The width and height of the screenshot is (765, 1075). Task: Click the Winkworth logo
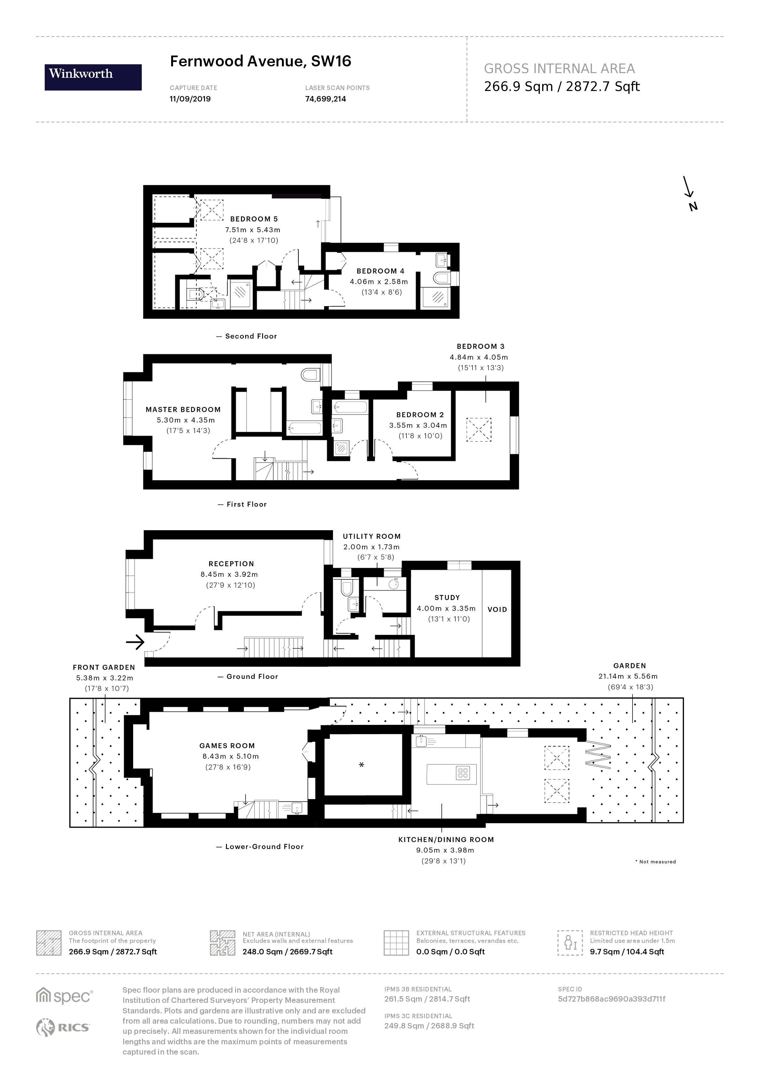[x=93, y=77]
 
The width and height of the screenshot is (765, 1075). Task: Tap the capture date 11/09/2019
[x=190, y=99]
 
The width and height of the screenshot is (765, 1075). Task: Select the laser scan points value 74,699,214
[x=325, y=99]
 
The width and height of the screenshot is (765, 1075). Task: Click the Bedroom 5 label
[x=254, y=219]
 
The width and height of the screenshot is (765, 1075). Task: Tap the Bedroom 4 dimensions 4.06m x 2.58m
[x=378, y=282]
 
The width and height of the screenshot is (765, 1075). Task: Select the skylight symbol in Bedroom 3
[x=478, y=429]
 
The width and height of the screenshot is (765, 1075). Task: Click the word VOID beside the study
[x=497, y=609]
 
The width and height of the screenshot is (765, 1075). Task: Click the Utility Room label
[x=371, y=536]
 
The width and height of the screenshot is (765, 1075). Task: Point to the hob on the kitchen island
[x=463, y=773]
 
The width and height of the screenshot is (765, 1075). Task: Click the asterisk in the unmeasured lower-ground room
[x=361, y=765]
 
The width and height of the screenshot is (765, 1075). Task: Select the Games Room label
[x=227, y=746]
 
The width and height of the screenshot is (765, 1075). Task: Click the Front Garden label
[x=104, y=667]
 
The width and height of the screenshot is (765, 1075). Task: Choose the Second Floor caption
[x=251, y=336]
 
